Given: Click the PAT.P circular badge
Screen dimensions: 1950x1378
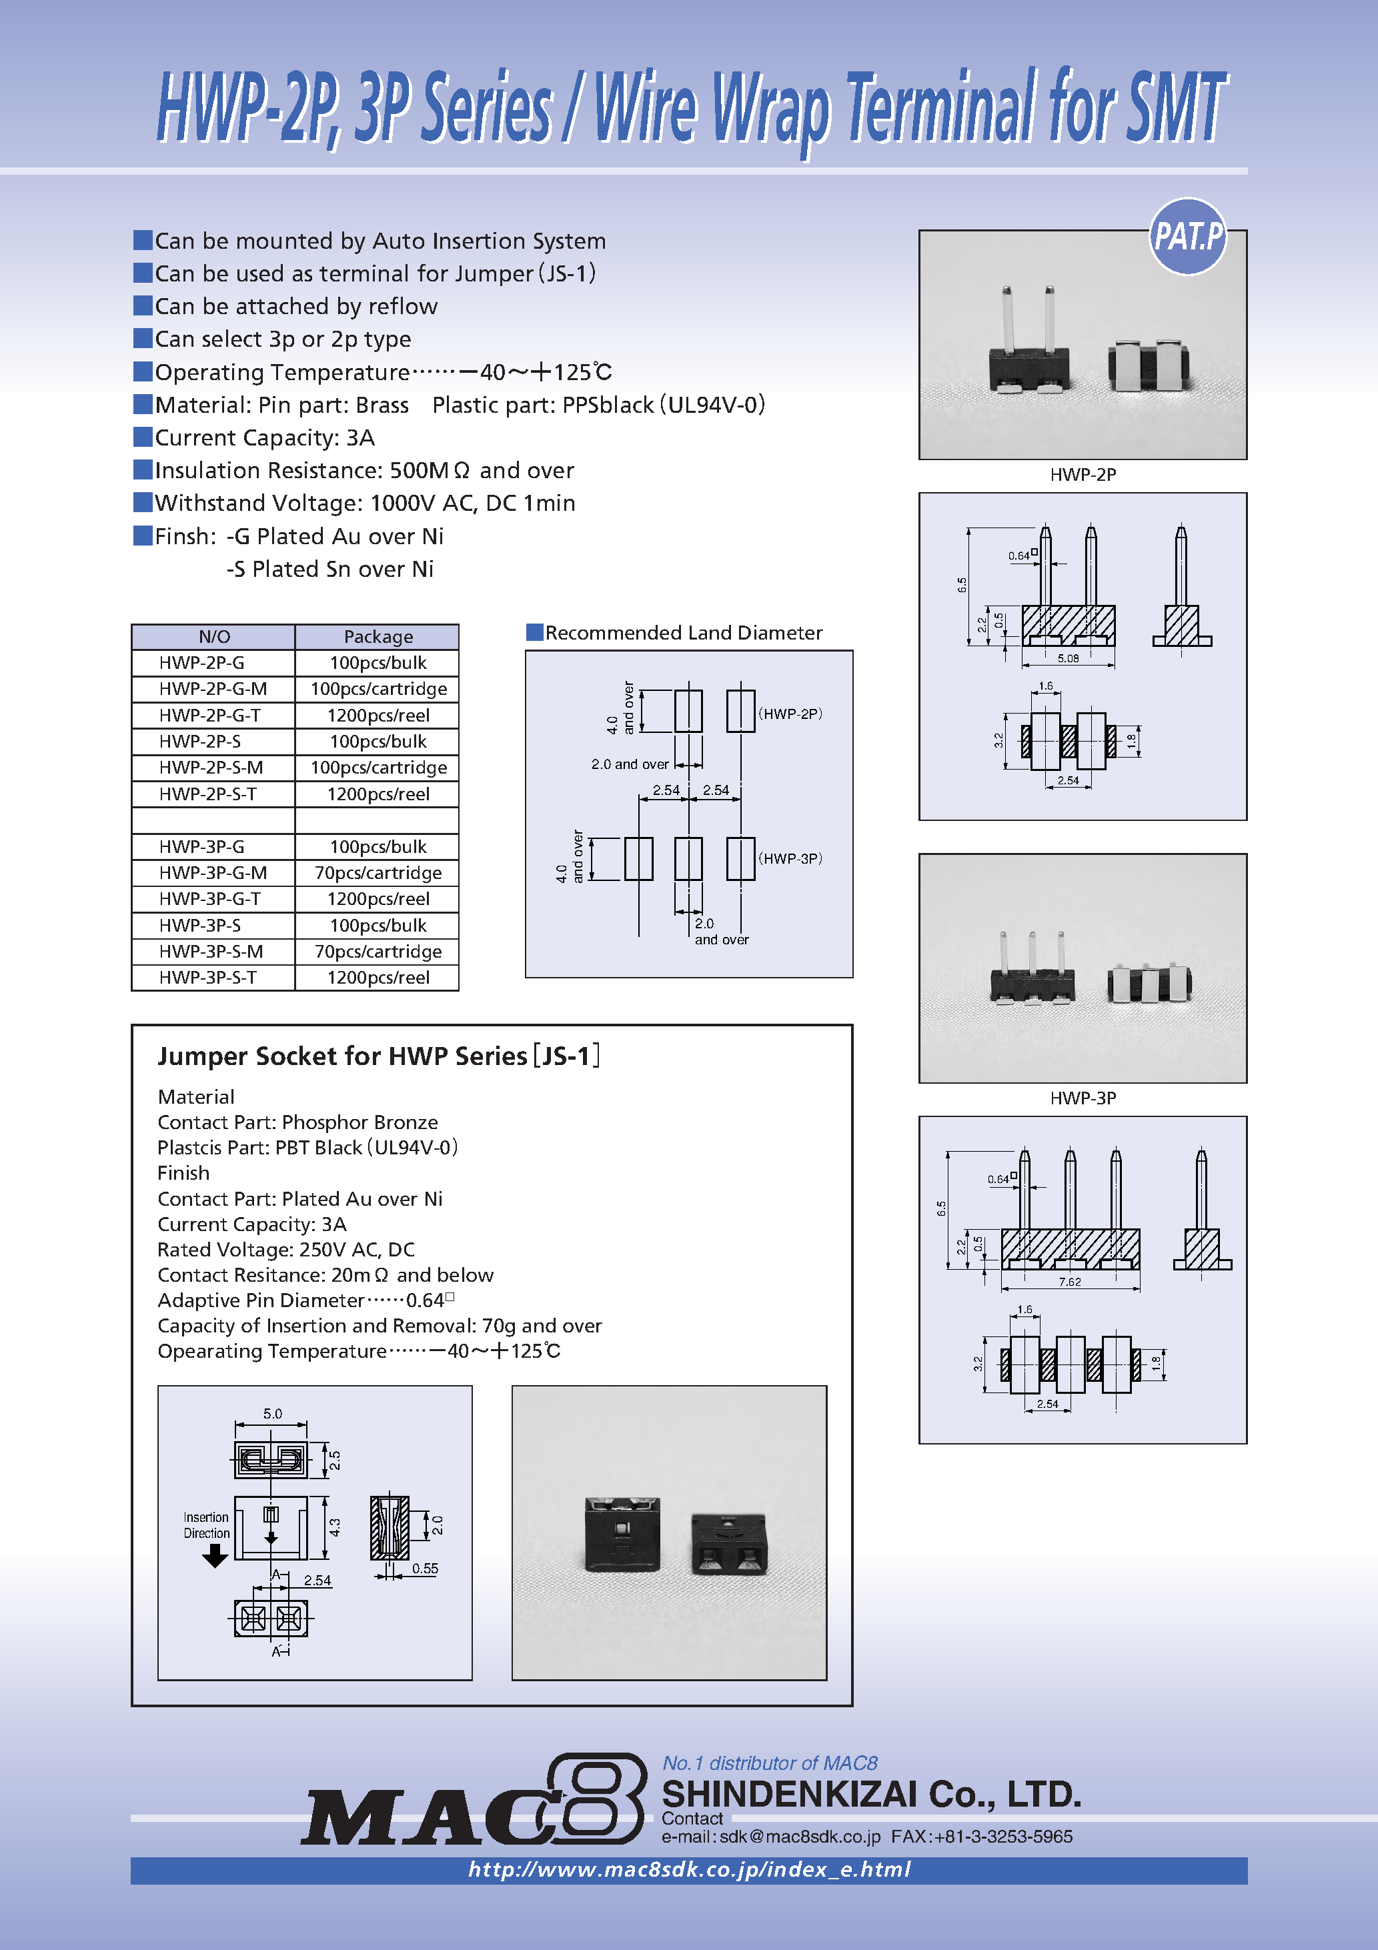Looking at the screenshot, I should point(1188,236).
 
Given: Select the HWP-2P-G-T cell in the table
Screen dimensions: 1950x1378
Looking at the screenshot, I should point(210,715).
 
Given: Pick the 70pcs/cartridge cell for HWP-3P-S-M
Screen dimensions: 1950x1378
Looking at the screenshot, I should point(378,951).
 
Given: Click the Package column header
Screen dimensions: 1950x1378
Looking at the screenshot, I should point(378,636).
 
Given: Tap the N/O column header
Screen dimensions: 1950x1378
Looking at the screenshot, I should point(214,636).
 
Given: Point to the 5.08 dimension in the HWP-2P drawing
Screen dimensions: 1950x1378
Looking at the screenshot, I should point(1068,658).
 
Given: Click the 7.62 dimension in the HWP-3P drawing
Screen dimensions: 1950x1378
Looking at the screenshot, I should point(1070,1282).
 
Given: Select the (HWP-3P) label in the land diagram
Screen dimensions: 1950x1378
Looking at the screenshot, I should point(790,859).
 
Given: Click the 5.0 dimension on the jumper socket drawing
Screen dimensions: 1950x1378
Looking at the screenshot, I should point(272,1414).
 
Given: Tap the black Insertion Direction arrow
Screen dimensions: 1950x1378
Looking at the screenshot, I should point(215,1555).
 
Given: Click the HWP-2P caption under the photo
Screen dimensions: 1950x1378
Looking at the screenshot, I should point(1083,475).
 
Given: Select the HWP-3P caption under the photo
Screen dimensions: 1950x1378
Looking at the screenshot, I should point(1083,1098).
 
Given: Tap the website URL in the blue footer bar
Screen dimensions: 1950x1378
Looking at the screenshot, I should point(689,1869).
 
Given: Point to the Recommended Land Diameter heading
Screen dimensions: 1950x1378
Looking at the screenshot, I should point(683,633).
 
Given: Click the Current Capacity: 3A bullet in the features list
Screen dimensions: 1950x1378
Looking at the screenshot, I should point(264,437).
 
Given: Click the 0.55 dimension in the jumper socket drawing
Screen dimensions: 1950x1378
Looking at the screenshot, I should point(425,1569).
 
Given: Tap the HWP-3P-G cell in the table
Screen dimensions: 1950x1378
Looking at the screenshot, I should point(201,847).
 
